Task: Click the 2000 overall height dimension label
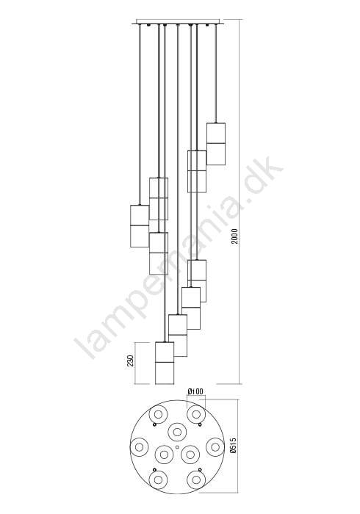coord(235,236)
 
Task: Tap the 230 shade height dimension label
coord(131,361)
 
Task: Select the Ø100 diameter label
coord(195,391)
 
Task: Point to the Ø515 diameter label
coord(234,446)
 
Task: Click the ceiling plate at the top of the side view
coord(177,22)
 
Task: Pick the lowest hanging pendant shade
coord(165,363)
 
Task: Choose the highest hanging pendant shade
coord(216,144)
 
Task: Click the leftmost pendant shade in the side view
coord(140,226)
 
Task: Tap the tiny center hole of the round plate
coord(177,446)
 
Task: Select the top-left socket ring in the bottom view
coord(158,415)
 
